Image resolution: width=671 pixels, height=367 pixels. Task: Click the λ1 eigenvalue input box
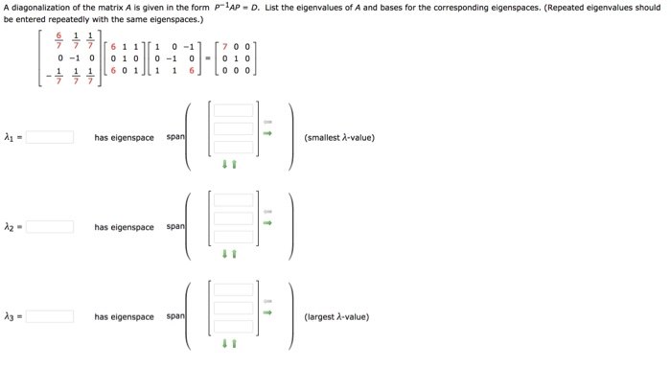(x=50, y=137)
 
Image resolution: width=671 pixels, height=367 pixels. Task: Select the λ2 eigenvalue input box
(x=50, y=227)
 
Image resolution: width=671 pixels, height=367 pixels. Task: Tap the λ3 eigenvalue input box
(x=50, y=317)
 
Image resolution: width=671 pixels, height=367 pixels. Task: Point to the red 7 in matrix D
(x=225, y=46)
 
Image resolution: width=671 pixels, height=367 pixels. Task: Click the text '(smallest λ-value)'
(x=338, y=137)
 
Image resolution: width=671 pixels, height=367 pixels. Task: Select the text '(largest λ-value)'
(x=336, y=317)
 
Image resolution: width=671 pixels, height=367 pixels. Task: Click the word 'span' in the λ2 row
(x=175, y=227)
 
